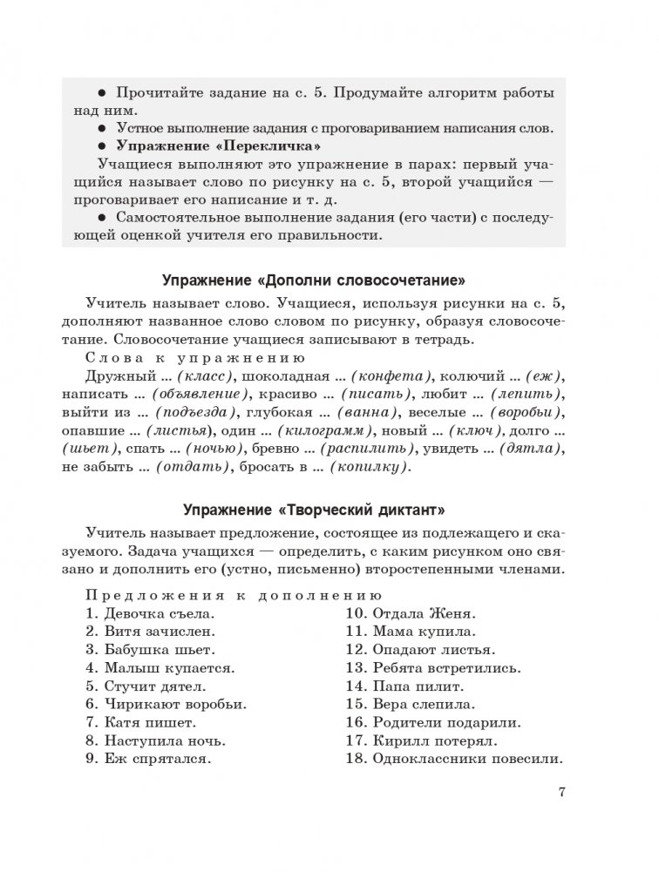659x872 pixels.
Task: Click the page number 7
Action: point(562,793)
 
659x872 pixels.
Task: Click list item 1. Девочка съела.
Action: point(149,612)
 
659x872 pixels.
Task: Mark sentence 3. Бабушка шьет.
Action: point(150,649)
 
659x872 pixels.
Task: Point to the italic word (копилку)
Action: point(366,468)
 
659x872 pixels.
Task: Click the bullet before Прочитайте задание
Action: point(101,94)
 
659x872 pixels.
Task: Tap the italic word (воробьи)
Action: point(525,413)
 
